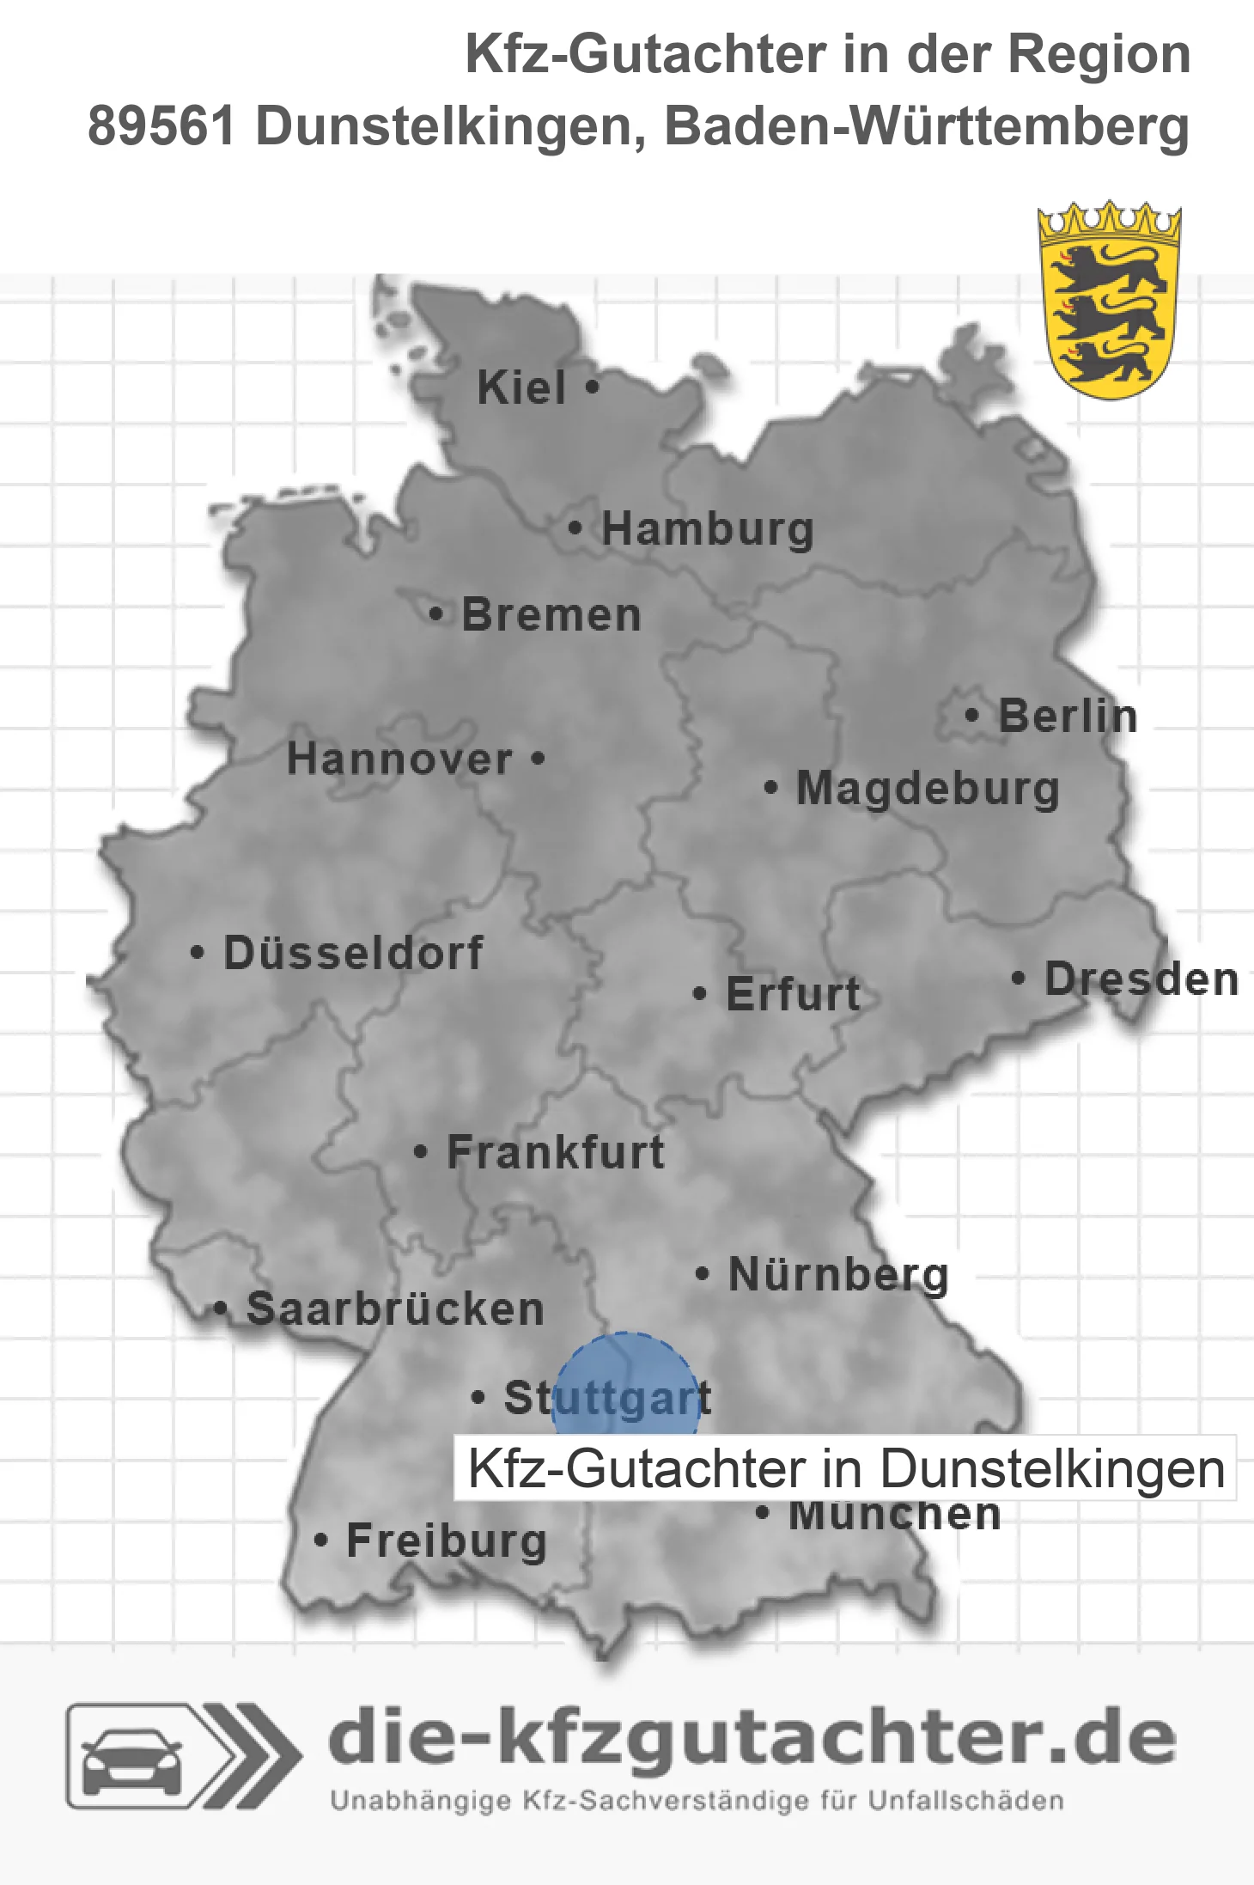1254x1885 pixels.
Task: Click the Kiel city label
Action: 521,387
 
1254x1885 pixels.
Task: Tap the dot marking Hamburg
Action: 575,528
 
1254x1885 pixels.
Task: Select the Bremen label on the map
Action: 551,615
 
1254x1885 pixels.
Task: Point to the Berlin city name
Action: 1068,717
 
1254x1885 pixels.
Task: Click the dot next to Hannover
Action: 538,758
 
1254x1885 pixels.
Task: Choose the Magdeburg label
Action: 928,789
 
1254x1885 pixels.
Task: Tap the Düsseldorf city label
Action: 353,953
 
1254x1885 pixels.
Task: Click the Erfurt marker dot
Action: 699,994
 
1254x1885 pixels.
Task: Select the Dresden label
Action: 1141,979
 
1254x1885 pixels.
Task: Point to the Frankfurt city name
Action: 556,1152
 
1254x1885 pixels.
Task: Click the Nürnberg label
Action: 838,1274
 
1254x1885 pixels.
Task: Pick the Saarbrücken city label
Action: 395,1309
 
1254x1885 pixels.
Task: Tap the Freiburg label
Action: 447,1541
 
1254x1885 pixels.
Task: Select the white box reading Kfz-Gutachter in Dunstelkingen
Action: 845,1468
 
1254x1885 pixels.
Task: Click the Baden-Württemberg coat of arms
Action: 1109,301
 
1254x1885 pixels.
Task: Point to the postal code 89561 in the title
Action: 161,126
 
